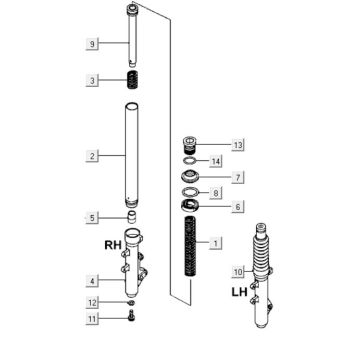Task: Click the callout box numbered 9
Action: point(92,44)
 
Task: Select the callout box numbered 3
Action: point(92,81)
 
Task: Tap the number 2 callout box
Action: point(92,156)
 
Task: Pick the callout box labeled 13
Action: point(238,145)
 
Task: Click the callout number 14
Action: point(216,162)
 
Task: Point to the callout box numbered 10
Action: point(238,272)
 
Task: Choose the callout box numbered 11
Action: point(92,319)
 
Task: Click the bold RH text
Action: point(113,245)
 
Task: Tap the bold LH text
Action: point(240,292)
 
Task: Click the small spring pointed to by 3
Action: point(133,80)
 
